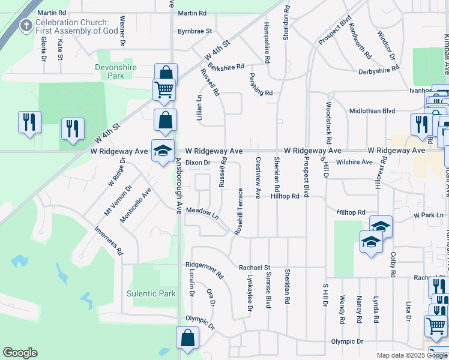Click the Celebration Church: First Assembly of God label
point(76,27)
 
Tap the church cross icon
point(26,26)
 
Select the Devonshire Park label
point(118,72)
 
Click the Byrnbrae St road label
point(194,31)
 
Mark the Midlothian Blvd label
point(372,111)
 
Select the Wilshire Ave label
point(354,162)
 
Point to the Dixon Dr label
point(198,162)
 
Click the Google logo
point(20,353)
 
